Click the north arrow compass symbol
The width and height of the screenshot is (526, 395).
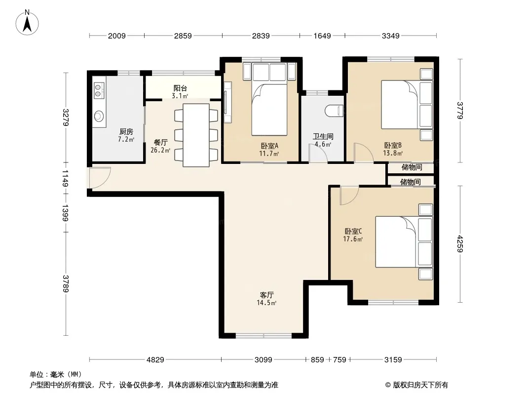tap(27, 23)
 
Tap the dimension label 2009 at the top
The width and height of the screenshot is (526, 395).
tap(117, 36)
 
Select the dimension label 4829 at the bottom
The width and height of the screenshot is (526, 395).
tap(155, 360)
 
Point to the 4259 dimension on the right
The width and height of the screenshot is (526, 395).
tap(460, 244)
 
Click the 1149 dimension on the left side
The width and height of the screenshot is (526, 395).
tap(66, 179)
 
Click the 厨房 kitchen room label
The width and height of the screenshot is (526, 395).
tap(126, 131)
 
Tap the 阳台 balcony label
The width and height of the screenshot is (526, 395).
tap(180, 88)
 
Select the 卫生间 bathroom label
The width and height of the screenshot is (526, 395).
tap(323, 136)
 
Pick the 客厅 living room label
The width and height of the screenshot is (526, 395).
tap(266, 295)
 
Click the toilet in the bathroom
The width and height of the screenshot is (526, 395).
tap(334, 111)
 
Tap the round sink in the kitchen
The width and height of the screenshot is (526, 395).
tap(99, 116)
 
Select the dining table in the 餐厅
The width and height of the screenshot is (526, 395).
tap(196, 135)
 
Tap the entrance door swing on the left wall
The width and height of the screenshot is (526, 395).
tap(100, 178)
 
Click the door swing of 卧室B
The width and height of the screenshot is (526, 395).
tap(364, 153)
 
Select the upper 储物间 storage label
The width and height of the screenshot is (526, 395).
tap(412, 167)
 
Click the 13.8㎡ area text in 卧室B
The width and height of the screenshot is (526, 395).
tap(393, 154)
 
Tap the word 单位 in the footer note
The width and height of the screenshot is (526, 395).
tap(37, 374)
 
